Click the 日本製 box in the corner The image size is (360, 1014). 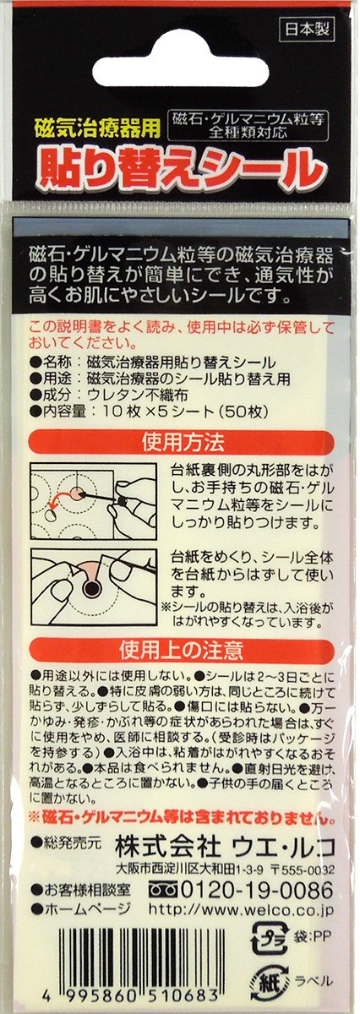click(x=307, y=30)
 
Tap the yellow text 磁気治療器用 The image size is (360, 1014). click(x=97, y=128)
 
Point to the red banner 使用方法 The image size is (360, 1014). click(x=181, y=442)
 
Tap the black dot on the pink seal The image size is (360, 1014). click(x=92, y=587)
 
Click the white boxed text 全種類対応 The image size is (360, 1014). click(x=248, y=133)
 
